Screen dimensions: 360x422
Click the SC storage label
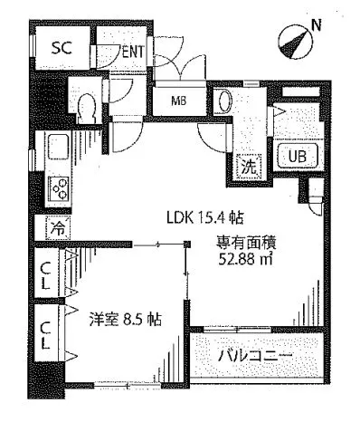(x=62, y=47)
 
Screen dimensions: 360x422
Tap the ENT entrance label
(x=133, y=52)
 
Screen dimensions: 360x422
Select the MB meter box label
(x=179, y=101)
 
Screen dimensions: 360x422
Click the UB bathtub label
(x=298, y=157)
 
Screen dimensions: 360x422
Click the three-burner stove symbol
(x=60, y=188)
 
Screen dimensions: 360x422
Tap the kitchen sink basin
(x=58, y=147)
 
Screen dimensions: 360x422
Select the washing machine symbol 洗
(x=250, y=166)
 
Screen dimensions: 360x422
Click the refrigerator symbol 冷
(x=58, y=227)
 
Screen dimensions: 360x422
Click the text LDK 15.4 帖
(x=204, y=217)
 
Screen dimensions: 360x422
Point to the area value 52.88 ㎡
(x=245, y=258)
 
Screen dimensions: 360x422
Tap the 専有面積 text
(x=245, y=243)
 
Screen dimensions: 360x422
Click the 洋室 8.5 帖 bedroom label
(x=125, y=319)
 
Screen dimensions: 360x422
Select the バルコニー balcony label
(x=255, y=357)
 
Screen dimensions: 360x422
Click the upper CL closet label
(x=45, y=275)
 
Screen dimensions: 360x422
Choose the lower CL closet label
(x=45, y=335)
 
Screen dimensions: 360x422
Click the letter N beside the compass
(x=317, y=25)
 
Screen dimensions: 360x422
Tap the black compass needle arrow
(x=293, y=43)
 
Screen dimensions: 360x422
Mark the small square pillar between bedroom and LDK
(x=187, y=244)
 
